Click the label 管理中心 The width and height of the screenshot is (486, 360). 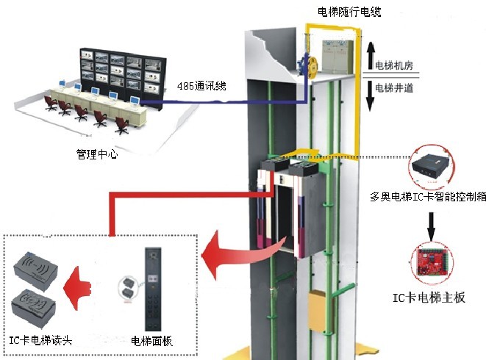tap(97, 155)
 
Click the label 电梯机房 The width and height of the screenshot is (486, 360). tap(394, 66)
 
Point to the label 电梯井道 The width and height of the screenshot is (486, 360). tap(394, 89)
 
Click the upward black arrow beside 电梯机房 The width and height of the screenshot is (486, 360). tap(371, 55)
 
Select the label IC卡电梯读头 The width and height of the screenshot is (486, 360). tap(41, 339)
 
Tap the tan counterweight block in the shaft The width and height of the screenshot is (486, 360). tap(317, 304)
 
